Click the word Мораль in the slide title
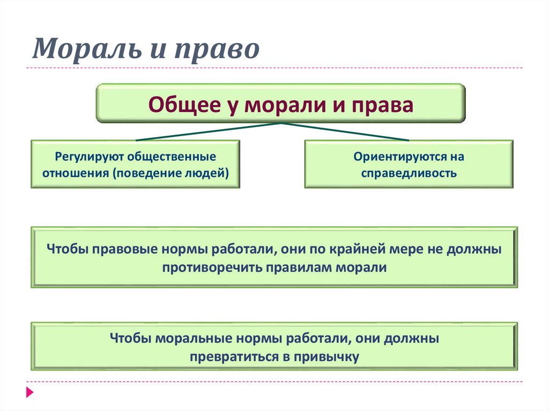(87, 48)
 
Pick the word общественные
(172, 156)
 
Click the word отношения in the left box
(76, 173)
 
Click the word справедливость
(409, 173)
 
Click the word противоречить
(212, 267)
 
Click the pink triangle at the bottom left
(30, 392)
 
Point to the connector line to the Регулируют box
(209, 132)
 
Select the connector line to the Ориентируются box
(345, 132)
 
